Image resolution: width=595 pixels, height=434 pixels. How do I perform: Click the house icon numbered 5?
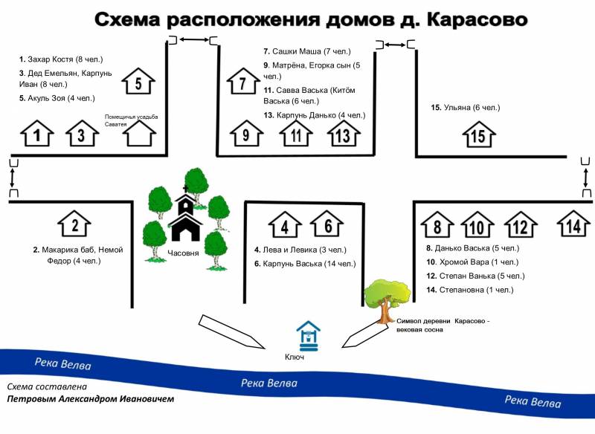[x=138, y=81]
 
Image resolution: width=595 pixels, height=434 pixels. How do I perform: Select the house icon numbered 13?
[x=344, y=134]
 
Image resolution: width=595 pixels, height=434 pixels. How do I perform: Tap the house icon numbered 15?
[x=479, y=135]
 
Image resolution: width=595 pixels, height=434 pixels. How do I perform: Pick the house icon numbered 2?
[x=74, y=224]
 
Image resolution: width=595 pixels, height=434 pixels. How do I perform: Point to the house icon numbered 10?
[x=477, y=225]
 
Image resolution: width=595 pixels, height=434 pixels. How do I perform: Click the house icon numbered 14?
[x=573, y=224]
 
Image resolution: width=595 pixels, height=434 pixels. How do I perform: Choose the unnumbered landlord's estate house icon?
[x=140, y=134]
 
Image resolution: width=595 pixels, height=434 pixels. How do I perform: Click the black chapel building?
[x=185, y=218]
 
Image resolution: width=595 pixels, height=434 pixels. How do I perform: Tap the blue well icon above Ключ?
[x=308, y=336]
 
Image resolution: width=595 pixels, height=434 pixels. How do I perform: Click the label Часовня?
[x=183, y=253]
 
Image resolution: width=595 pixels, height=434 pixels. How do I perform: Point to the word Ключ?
[x=295, y=357]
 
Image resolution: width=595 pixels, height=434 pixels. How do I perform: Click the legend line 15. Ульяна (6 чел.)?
[x=466, y=108]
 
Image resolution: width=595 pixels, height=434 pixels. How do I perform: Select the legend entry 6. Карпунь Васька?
[x=305, y=264]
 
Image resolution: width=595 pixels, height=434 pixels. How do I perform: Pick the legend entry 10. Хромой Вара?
[x=472, y=262]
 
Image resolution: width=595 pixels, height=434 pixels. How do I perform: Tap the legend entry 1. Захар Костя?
[x=61, y=59]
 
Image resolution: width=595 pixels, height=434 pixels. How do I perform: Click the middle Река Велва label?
[x=269, y=383]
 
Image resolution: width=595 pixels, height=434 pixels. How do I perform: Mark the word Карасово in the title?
[x=477, y=20]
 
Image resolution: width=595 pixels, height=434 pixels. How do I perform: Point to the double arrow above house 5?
[x=194, y=39]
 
